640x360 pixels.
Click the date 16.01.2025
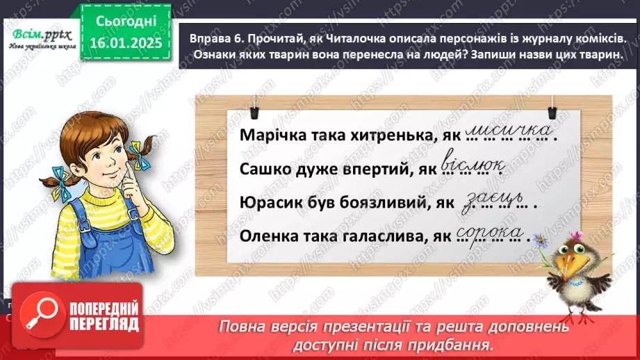[x=126, y=44]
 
